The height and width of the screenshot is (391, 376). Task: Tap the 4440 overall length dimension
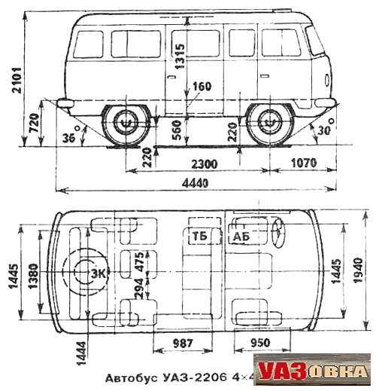(x=196, y=183)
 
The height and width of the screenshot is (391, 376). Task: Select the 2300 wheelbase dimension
(x=205, y=164)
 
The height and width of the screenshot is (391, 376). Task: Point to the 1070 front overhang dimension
(x=304, y=163)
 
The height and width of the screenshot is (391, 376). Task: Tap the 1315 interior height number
(x=180, y=57)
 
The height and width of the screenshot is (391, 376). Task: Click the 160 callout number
(x=202, y=87)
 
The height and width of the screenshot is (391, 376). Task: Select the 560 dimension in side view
(x=177, y=130)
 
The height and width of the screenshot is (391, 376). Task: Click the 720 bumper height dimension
(x=34, y=124)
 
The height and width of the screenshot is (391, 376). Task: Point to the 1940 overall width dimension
(x=358, y=270)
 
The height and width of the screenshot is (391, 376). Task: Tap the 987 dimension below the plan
(x=183, y=343)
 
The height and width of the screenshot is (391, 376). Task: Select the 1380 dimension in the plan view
(x=34, y=276)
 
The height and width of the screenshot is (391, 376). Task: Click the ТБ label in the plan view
(x=200, y=236)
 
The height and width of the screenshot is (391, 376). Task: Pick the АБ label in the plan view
(x=241, y=237)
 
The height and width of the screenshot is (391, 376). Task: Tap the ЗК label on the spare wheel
(x=99, y=273)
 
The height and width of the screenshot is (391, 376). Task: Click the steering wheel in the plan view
(x=279, y=233)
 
